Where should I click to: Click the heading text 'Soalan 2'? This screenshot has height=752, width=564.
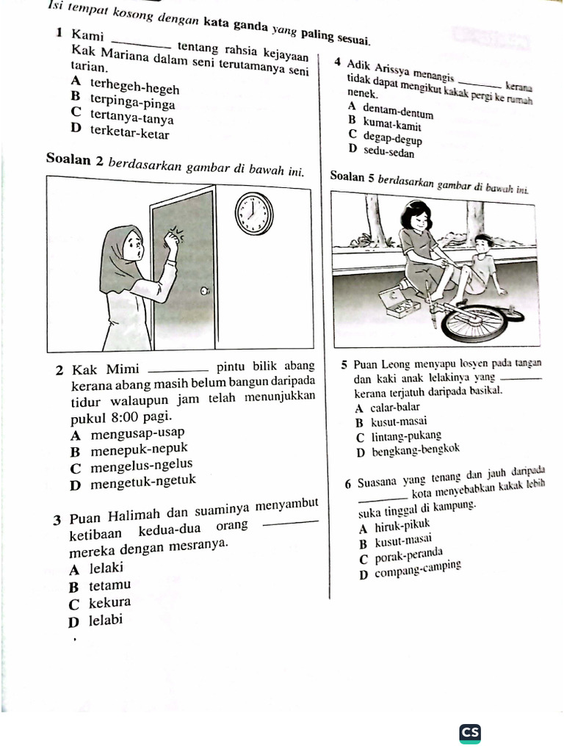click(x=73, y=159)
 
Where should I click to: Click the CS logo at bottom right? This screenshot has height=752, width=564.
click(x=470, y=732)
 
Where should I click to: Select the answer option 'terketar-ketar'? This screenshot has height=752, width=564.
click(x=129, y=134)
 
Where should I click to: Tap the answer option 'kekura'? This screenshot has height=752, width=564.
click(x=109, y=603)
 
